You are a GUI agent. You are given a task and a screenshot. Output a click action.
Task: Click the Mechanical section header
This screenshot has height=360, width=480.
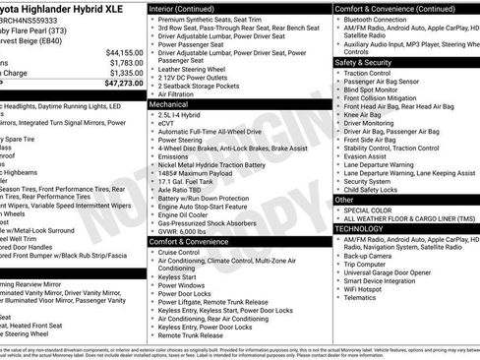[169, 102]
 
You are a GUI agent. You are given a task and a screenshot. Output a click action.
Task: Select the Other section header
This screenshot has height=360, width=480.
[344, 199]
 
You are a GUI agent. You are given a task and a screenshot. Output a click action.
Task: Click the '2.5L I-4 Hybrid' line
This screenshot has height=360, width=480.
[183, 114]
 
